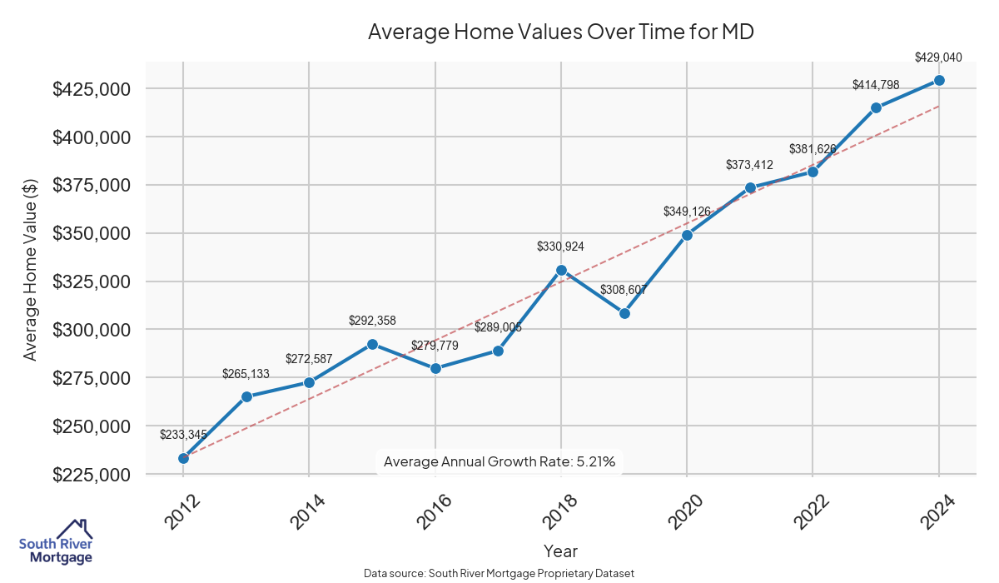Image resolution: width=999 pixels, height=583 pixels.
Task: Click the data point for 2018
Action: point(561,270)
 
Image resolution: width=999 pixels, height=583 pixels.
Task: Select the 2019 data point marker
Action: point(624,313)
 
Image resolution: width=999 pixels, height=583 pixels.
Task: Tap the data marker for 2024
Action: point(939,80)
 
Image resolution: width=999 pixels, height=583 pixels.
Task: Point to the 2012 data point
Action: point(183,458)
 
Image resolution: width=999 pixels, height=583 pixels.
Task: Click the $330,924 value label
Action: point(561,247)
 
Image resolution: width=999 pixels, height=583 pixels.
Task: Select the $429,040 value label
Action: point(938,57)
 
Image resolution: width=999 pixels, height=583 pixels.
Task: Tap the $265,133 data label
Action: point(246,374)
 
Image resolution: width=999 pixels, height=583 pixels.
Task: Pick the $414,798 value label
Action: point(876,85)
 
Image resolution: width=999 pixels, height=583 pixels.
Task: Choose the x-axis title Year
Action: point(560,551)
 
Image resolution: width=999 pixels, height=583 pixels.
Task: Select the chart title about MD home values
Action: point(560,32)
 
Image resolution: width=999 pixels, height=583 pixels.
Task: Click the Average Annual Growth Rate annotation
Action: point(499,461)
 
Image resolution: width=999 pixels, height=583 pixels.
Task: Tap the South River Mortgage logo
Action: point(57,542)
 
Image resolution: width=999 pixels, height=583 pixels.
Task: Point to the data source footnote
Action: point(499,574)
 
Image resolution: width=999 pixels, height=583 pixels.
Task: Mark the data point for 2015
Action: point(372,344)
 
